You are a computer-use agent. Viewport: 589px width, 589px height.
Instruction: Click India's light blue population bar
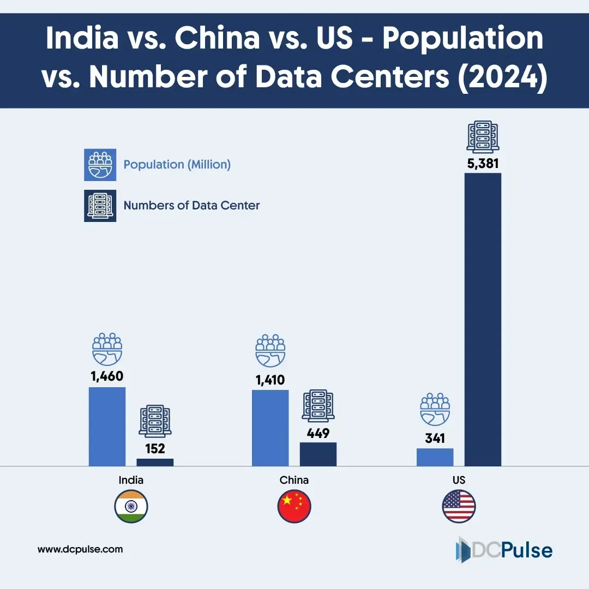tap(107, 426)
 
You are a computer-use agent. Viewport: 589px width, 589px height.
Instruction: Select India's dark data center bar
tap(155, 462)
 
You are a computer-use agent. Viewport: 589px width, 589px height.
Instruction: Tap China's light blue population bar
tap(270, 428)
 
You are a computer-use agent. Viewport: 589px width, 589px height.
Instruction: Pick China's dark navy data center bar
tap(318, 454)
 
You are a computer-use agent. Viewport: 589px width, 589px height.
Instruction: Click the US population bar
tap(435, 457)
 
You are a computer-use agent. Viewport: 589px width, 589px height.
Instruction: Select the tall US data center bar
tap(483, 319)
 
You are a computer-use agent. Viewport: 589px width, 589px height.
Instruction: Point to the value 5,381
tap(483, 163)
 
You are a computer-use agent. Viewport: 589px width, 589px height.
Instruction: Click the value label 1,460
tap(107, 376)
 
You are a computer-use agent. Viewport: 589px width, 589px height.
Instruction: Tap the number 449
tap(318, 433)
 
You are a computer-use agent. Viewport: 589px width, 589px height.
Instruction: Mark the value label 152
tap(155, 448)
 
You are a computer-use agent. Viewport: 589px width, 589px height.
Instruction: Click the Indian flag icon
tap(131, 507)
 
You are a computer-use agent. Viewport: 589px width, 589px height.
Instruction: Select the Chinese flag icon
tap(294, 507)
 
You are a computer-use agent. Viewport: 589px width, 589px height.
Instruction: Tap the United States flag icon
tap(459, 507)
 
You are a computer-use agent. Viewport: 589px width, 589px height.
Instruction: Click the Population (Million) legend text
tap(177, 164)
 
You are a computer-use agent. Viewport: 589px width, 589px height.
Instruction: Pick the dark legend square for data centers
tap(100, 206)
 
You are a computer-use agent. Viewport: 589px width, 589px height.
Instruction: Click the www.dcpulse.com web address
tap(80, 549)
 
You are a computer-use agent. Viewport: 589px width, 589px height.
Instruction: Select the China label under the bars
tap(294, 480)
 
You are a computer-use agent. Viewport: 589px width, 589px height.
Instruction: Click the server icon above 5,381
tap(483, 136)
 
